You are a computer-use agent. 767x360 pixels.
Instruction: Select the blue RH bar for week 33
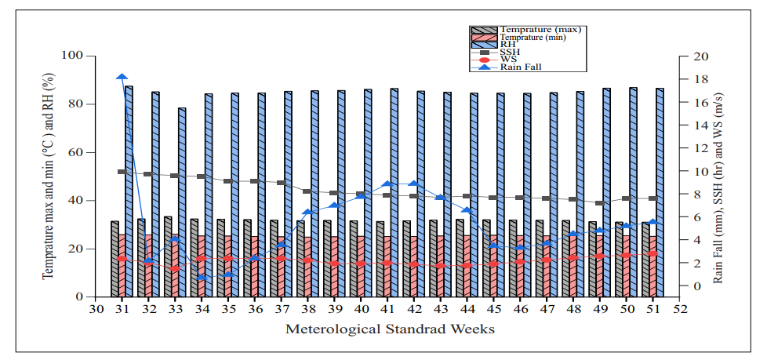click(182, 202)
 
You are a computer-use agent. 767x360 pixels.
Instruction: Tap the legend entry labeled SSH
click(509, 52)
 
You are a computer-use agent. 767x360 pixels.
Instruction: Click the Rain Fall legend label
click(521, 67)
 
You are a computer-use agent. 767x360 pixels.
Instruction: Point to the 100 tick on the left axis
click(72, 56)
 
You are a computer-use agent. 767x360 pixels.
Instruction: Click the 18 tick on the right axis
click(700, 79)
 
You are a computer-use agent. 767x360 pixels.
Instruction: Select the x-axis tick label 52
click(679, 309)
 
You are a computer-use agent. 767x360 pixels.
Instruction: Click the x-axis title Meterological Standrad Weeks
click(389, 329)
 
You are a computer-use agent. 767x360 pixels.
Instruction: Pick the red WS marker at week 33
click(175, 268)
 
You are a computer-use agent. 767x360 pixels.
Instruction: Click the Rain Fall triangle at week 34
click(202, 278)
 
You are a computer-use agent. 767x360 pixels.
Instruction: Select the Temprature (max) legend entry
click(526, 30)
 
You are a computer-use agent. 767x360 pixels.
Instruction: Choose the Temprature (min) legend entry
click(518, 38)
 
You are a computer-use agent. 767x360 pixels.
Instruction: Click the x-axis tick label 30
click(96, 309)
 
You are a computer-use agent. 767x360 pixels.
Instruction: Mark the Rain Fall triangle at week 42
click(414, 184)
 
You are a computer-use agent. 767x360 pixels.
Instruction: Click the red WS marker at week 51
click(652, 254)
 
